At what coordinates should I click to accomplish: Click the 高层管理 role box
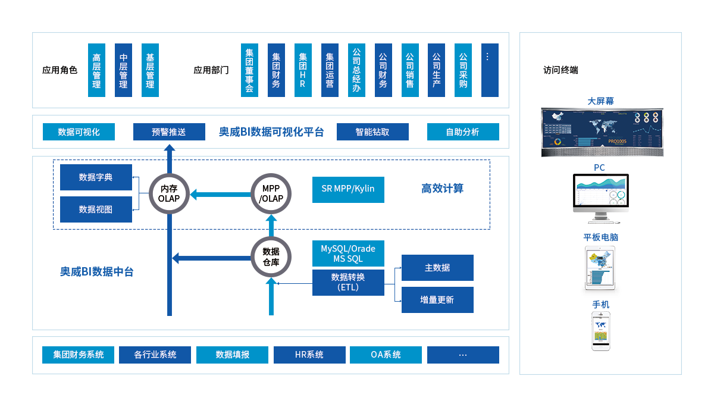96,70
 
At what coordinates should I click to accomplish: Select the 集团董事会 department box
249,70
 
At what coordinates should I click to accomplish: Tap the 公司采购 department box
463,70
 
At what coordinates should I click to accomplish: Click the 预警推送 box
168,132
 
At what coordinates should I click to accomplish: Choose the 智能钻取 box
372,132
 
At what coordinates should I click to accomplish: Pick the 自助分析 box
463,132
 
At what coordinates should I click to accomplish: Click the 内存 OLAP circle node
173,194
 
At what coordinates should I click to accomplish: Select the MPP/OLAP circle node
271,194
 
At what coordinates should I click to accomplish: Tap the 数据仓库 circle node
271,256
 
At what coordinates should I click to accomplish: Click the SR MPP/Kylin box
348,189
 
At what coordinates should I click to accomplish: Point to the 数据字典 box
96,177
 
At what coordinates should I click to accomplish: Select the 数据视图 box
96,209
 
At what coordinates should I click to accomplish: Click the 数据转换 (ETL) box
348,283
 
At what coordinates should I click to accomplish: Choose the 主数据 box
437,268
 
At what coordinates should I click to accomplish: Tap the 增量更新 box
437,300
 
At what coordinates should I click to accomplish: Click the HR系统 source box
309,355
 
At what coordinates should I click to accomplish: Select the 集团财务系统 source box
78,355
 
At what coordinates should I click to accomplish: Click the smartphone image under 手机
601,333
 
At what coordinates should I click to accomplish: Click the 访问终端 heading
560,70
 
